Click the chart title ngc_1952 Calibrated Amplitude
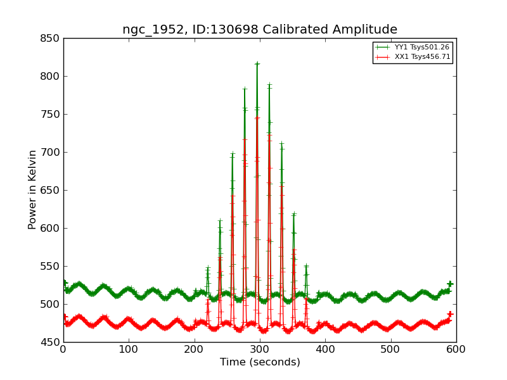point(260,30)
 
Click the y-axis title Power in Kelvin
point(32,189)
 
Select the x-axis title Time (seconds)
point(260,362)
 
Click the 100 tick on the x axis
point(129,349)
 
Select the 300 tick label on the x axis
point(260,349)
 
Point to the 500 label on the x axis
point(390,349)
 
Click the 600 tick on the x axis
point(456,349)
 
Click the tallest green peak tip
point(257,63)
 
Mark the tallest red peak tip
point(257,117)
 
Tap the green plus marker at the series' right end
point(450,284)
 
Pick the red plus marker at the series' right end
point(450,314)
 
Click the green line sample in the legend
point(382,47)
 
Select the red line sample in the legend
point(382,57)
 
